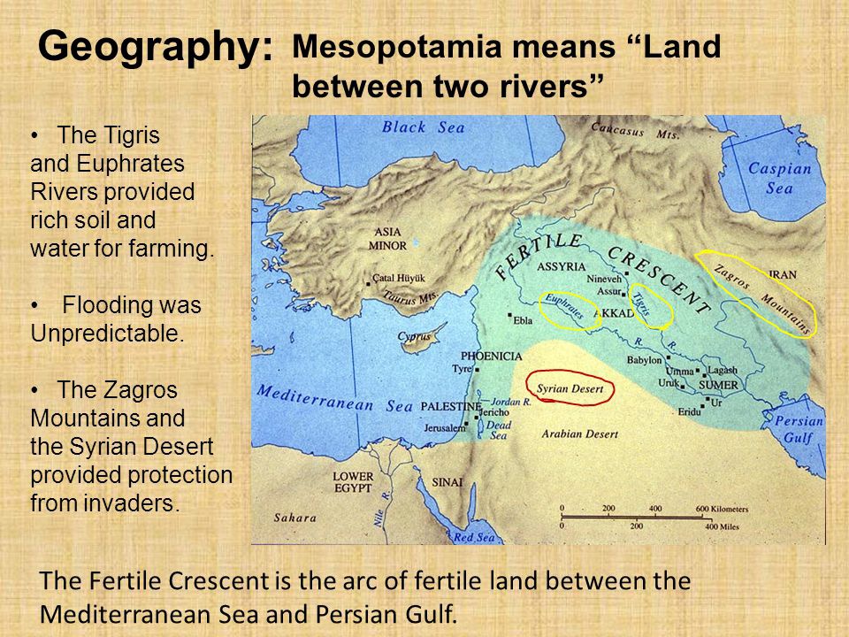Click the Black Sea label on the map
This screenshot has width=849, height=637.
click(x=423, y=127)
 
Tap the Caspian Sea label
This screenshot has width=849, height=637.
click(x=779, y=178)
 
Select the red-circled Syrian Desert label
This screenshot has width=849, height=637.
click(x=570, y=388)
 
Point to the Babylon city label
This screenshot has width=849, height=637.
click(x=645, y=360)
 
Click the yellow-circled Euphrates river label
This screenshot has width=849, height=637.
click(x=563, y=307)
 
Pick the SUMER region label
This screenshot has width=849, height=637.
click(x=717, y=386)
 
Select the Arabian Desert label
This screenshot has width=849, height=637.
click(x=573, y=434)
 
